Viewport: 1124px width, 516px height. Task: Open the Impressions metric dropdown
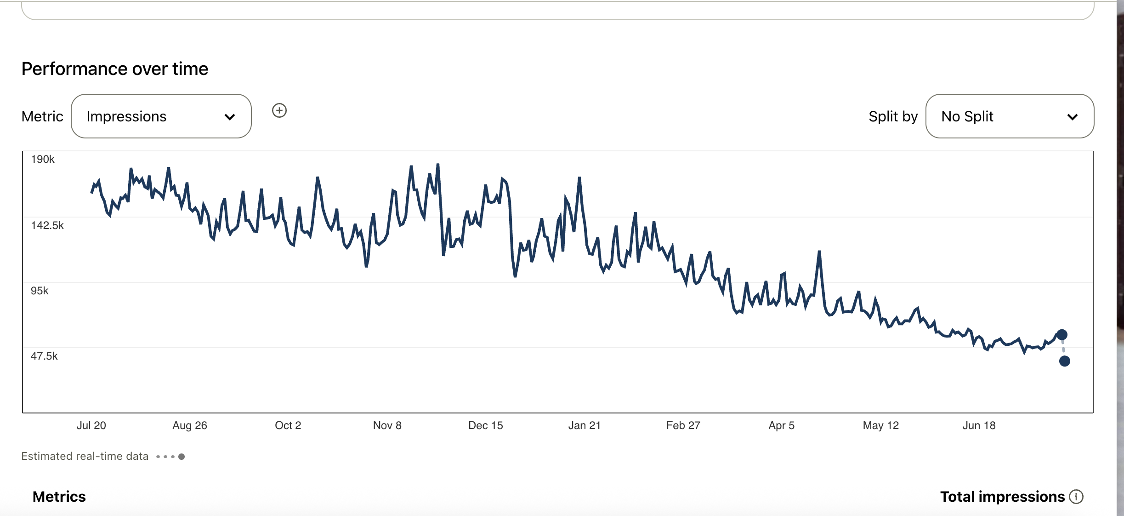coord(161,116)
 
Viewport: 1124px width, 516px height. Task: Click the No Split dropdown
coord(1009,116)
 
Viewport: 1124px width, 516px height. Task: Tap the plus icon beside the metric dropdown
coord(279,110)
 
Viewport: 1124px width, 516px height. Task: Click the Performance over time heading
coord(115,69)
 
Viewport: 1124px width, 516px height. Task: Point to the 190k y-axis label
coord(43,159)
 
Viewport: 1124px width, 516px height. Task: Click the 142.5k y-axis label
coord(47,225)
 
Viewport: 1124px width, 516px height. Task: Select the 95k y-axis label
coord(40,291)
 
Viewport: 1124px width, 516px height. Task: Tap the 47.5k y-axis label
coord(44,356)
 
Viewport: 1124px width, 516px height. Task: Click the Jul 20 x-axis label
coord(91,425)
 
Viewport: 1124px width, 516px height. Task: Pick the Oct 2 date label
coord(288,425)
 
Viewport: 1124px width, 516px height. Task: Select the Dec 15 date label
coord(485,425)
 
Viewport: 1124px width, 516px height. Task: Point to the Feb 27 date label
coord(683,425)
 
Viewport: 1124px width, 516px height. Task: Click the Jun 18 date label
coord(979,425)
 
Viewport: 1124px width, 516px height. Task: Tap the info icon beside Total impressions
coord(1076,497)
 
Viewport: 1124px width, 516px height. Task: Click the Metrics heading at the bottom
coord(59,497)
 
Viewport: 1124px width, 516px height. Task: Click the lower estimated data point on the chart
coord(1064,361)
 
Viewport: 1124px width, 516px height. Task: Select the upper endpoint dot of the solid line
coord(1062,334)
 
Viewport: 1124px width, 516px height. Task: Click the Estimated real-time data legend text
coord(85,456)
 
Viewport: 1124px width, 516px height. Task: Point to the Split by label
coord(893,116)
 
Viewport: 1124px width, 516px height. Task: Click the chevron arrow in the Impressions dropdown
coord(230,117)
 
